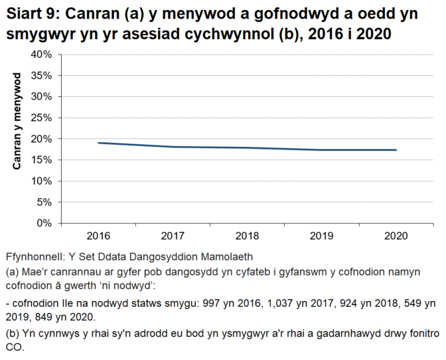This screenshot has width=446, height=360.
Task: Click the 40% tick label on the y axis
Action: click(x=42, y=54)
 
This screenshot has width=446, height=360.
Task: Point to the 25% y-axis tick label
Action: click(x=42, y=118)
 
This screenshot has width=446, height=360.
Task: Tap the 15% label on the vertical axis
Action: click(x=42, y=159)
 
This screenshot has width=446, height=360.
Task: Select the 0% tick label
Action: click(x=45, y=223)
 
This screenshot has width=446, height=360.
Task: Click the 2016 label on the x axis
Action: click(x=98, y=236)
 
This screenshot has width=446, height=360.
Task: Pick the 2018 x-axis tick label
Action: click(x=247, y=236)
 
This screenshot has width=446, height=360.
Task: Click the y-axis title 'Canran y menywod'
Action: click(x=18, y=122)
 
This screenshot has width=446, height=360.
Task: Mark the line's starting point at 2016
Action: click(x=98, y=143)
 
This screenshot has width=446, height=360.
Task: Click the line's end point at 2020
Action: click(x=396, y=150)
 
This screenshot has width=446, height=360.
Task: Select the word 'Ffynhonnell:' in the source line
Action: click(x=33, y=256)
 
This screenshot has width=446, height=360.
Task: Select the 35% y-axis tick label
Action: click(x=42, y=75)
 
